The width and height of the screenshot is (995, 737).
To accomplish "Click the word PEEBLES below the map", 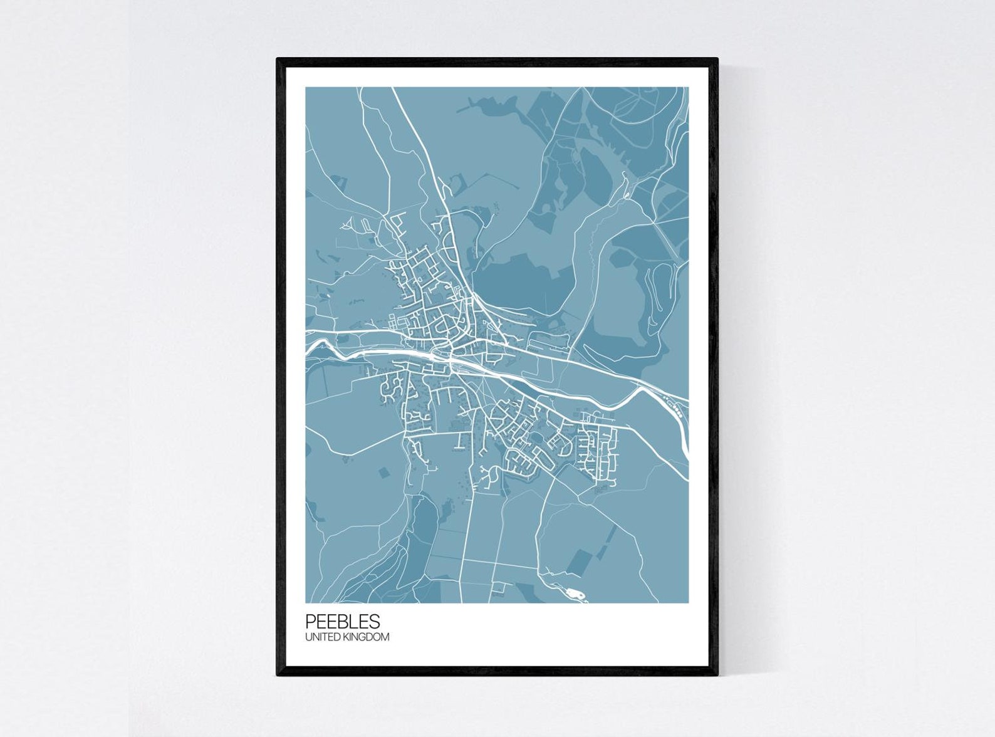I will click(342, 621).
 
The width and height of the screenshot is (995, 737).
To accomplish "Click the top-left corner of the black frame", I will click(278, 60).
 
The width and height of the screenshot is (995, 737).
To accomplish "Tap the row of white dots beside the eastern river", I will click(676, 411).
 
